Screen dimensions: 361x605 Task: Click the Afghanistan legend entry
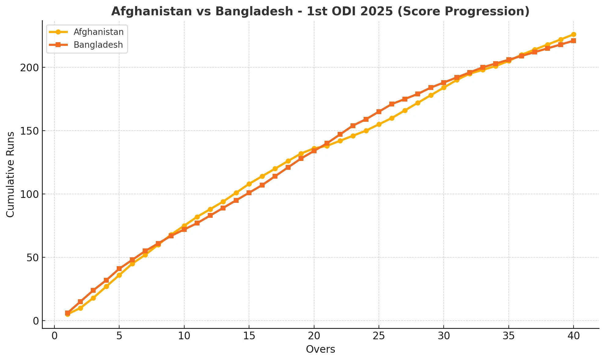(98, 32)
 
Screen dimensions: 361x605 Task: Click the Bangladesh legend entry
(98, 45)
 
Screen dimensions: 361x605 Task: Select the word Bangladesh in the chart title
(254, 11)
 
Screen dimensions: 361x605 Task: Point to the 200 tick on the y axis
(29, 67)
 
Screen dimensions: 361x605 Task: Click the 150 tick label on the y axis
(29, 131)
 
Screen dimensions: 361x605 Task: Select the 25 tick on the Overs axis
(379, 336)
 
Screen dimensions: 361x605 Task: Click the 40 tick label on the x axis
(574, 336)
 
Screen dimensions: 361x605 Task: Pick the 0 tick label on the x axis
(54, 336)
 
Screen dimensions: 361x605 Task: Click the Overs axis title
(321, 349)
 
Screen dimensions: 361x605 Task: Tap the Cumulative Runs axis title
(11, 174)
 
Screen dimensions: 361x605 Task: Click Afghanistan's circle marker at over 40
(574, 34)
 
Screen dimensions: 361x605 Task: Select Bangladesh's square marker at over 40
(574, 41)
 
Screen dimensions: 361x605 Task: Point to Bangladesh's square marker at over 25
(379, 112)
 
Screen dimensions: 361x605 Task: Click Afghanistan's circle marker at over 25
(379, 124)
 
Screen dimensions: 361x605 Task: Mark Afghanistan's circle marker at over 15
(249, 184)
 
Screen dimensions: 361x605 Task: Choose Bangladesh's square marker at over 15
(249, 193)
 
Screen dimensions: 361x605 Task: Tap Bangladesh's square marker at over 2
(80, 302)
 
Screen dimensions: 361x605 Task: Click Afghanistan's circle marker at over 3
(93, 298)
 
